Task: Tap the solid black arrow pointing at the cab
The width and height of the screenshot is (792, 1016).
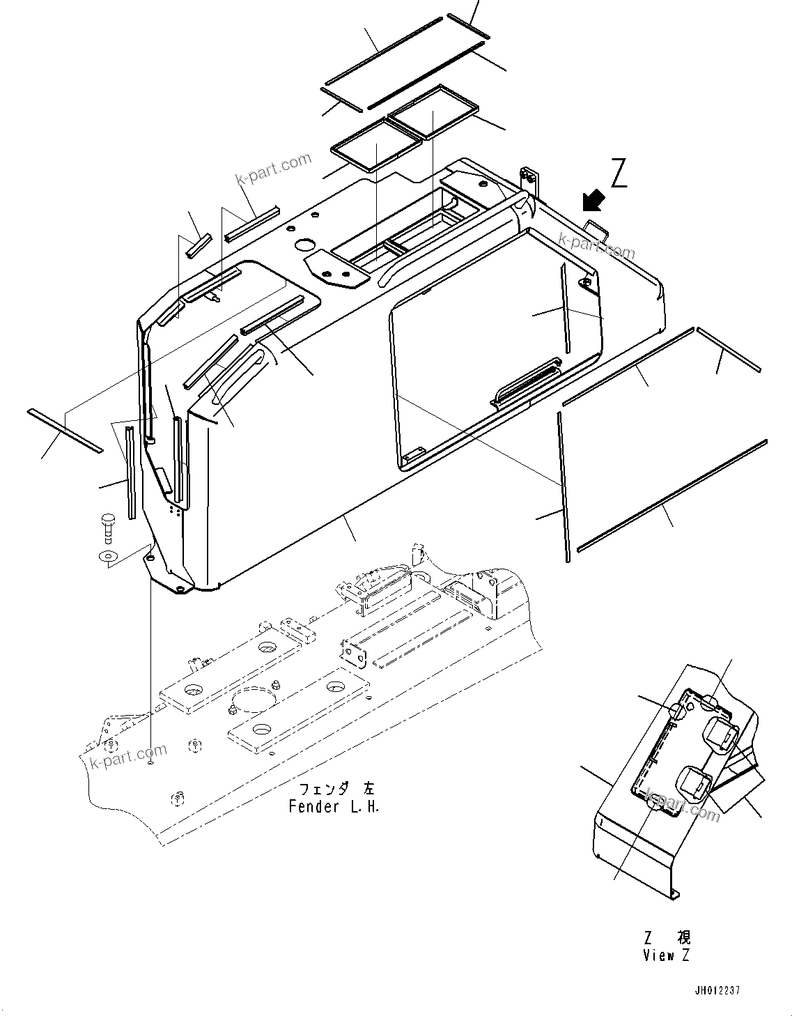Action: [x=593, y=201]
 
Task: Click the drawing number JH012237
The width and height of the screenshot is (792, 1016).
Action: [x=717, y=990]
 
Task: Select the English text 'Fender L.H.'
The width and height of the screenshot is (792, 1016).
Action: [x=334, y=807]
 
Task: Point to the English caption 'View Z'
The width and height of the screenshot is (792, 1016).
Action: [x=666, y=955]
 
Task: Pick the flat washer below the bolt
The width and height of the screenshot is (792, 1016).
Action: [x=108, y=555]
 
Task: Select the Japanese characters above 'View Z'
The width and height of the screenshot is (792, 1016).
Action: [x=667, y=937]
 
